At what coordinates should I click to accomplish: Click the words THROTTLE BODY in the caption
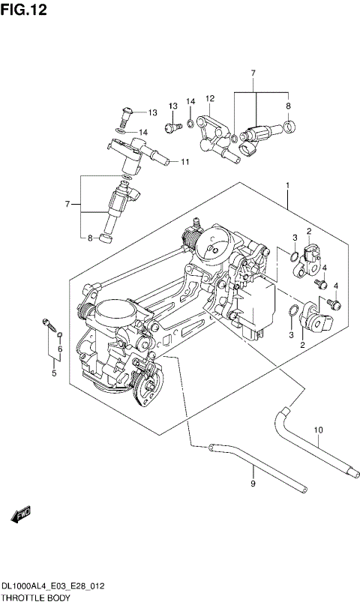coord(35,598)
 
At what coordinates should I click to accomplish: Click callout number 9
coord(253,484)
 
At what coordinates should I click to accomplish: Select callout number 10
coord(317,430)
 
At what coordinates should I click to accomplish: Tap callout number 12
coord(210,98)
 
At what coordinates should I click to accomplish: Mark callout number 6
coord(60,349)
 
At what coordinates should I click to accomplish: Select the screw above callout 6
coord(49,325)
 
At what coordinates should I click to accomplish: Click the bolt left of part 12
coord(173,127)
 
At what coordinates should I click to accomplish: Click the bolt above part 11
coord(125,115)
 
